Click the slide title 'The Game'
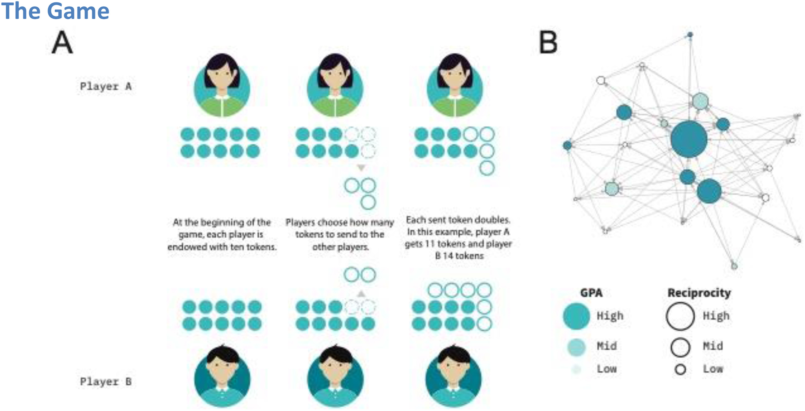[55, 11]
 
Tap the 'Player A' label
[106, 86]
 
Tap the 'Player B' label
[106, 381]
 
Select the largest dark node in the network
[689, 139]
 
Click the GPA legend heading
[591, 293]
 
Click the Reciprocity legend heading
[699, 293]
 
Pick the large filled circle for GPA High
[576, 316]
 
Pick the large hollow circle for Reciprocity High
[680, 316]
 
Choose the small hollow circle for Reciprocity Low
[680, 369]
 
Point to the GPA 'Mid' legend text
[607, 346]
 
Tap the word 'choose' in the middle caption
[333, 223]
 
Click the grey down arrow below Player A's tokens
[361, 168]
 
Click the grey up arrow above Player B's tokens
[361, 294]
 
